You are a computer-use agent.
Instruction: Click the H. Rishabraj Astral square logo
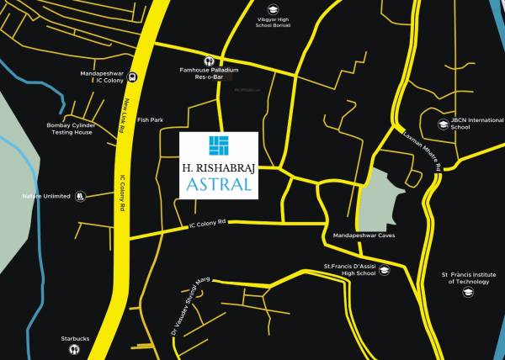pyautogui.click(x=220, y=146)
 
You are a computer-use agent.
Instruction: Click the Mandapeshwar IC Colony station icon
pyautogui.click(x=135, y=76)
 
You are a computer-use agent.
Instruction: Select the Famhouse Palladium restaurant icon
pyautogui.click(x=208, y=61)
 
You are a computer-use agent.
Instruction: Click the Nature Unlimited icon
pyautogui.click(x=80, y=196)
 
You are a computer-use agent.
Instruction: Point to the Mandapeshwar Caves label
pyautogui.click(x=364, y=236)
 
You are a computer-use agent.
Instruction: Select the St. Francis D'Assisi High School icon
pyautogui.click(x=384, y=270)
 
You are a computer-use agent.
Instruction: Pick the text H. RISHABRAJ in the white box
pyautogui.click(x=220, y=167)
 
